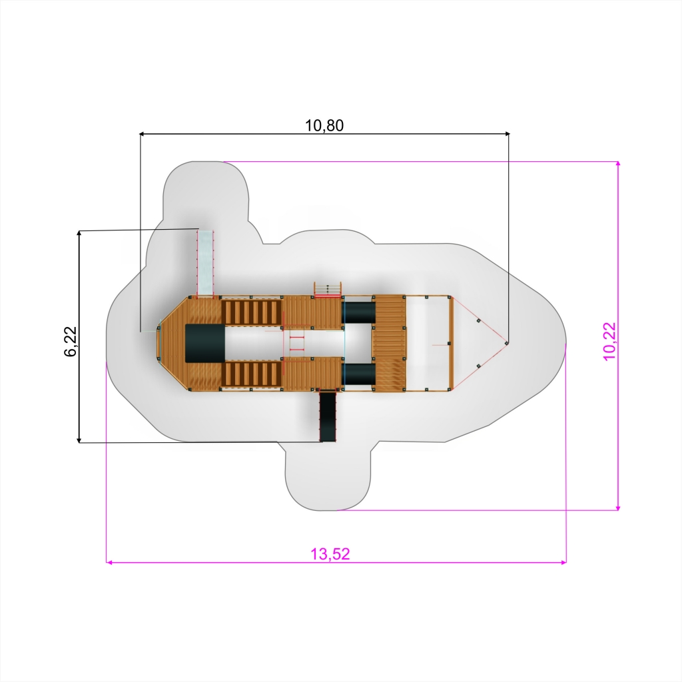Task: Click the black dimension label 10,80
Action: click(x=324, y=125)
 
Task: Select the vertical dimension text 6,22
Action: click(x=70, y=342)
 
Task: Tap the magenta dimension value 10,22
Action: click(x=610, y=341)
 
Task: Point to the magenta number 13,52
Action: click(x=330, y=553)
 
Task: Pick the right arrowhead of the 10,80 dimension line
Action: click(x=506, y=134)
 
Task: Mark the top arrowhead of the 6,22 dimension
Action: click(x=79, y=233)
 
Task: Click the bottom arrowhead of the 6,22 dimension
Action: click(x=79, y=440)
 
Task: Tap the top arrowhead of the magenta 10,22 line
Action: click(x=618, y=165)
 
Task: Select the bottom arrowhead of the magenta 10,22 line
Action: click(x=618, y=507)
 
